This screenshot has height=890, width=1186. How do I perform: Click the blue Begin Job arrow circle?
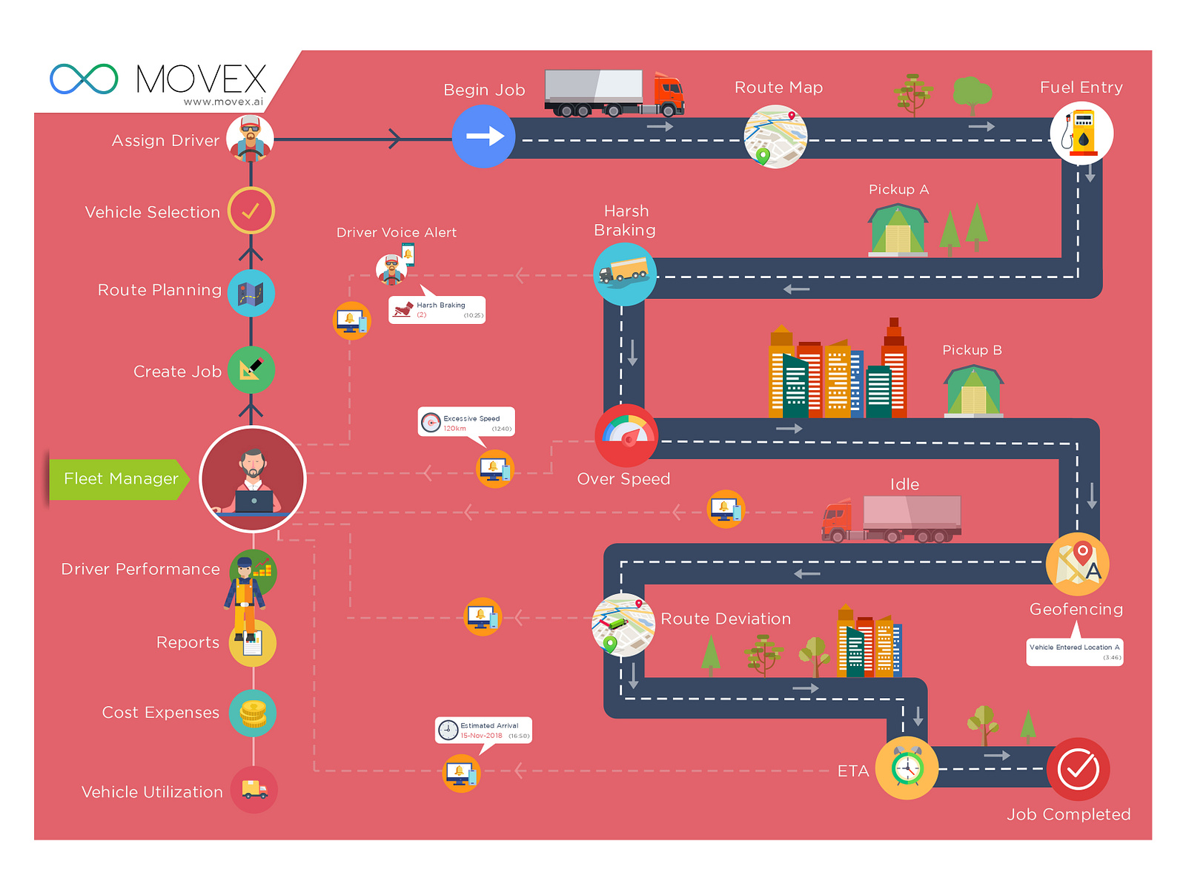483,136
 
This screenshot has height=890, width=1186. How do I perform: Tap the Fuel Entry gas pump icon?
1081,133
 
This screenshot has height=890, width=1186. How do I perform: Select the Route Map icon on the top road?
775,136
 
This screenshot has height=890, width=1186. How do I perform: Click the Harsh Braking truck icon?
625,274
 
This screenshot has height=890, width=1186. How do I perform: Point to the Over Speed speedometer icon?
626,435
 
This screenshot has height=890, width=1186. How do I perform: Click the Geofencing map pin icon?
1077,564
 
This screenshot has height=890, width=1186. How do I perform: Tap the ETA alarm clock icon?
907,768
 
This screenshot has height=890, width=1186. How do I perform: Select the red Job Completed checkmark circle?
1078,769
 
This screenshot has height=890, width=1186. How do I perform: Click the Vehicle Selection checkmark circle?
251,211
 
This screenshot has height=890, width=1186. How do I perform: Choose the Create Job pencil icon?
251,369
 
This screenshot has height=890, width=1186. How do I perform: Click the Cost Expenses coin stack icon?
252,713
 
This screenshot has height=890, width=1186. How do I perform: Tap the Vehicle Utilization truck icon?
254,790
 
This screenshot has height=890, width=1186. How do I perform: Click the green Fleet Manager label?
119,479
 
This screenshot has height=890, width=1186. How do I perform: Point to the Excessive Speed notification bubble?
466,422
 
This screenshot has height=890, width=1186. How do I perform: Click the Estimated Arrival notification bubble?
483,730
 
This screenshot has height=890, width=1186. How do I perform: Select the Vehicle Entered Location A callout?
1074,651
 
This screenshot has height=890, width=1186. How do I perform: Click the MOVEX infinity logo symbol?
84,79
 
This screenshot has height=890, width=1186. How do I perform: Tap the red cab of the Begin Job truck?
668,94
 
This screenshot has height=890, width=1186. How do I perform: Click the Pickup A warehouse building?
898,231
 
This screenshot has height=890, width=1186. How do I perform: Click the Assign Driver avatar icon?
250,138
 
